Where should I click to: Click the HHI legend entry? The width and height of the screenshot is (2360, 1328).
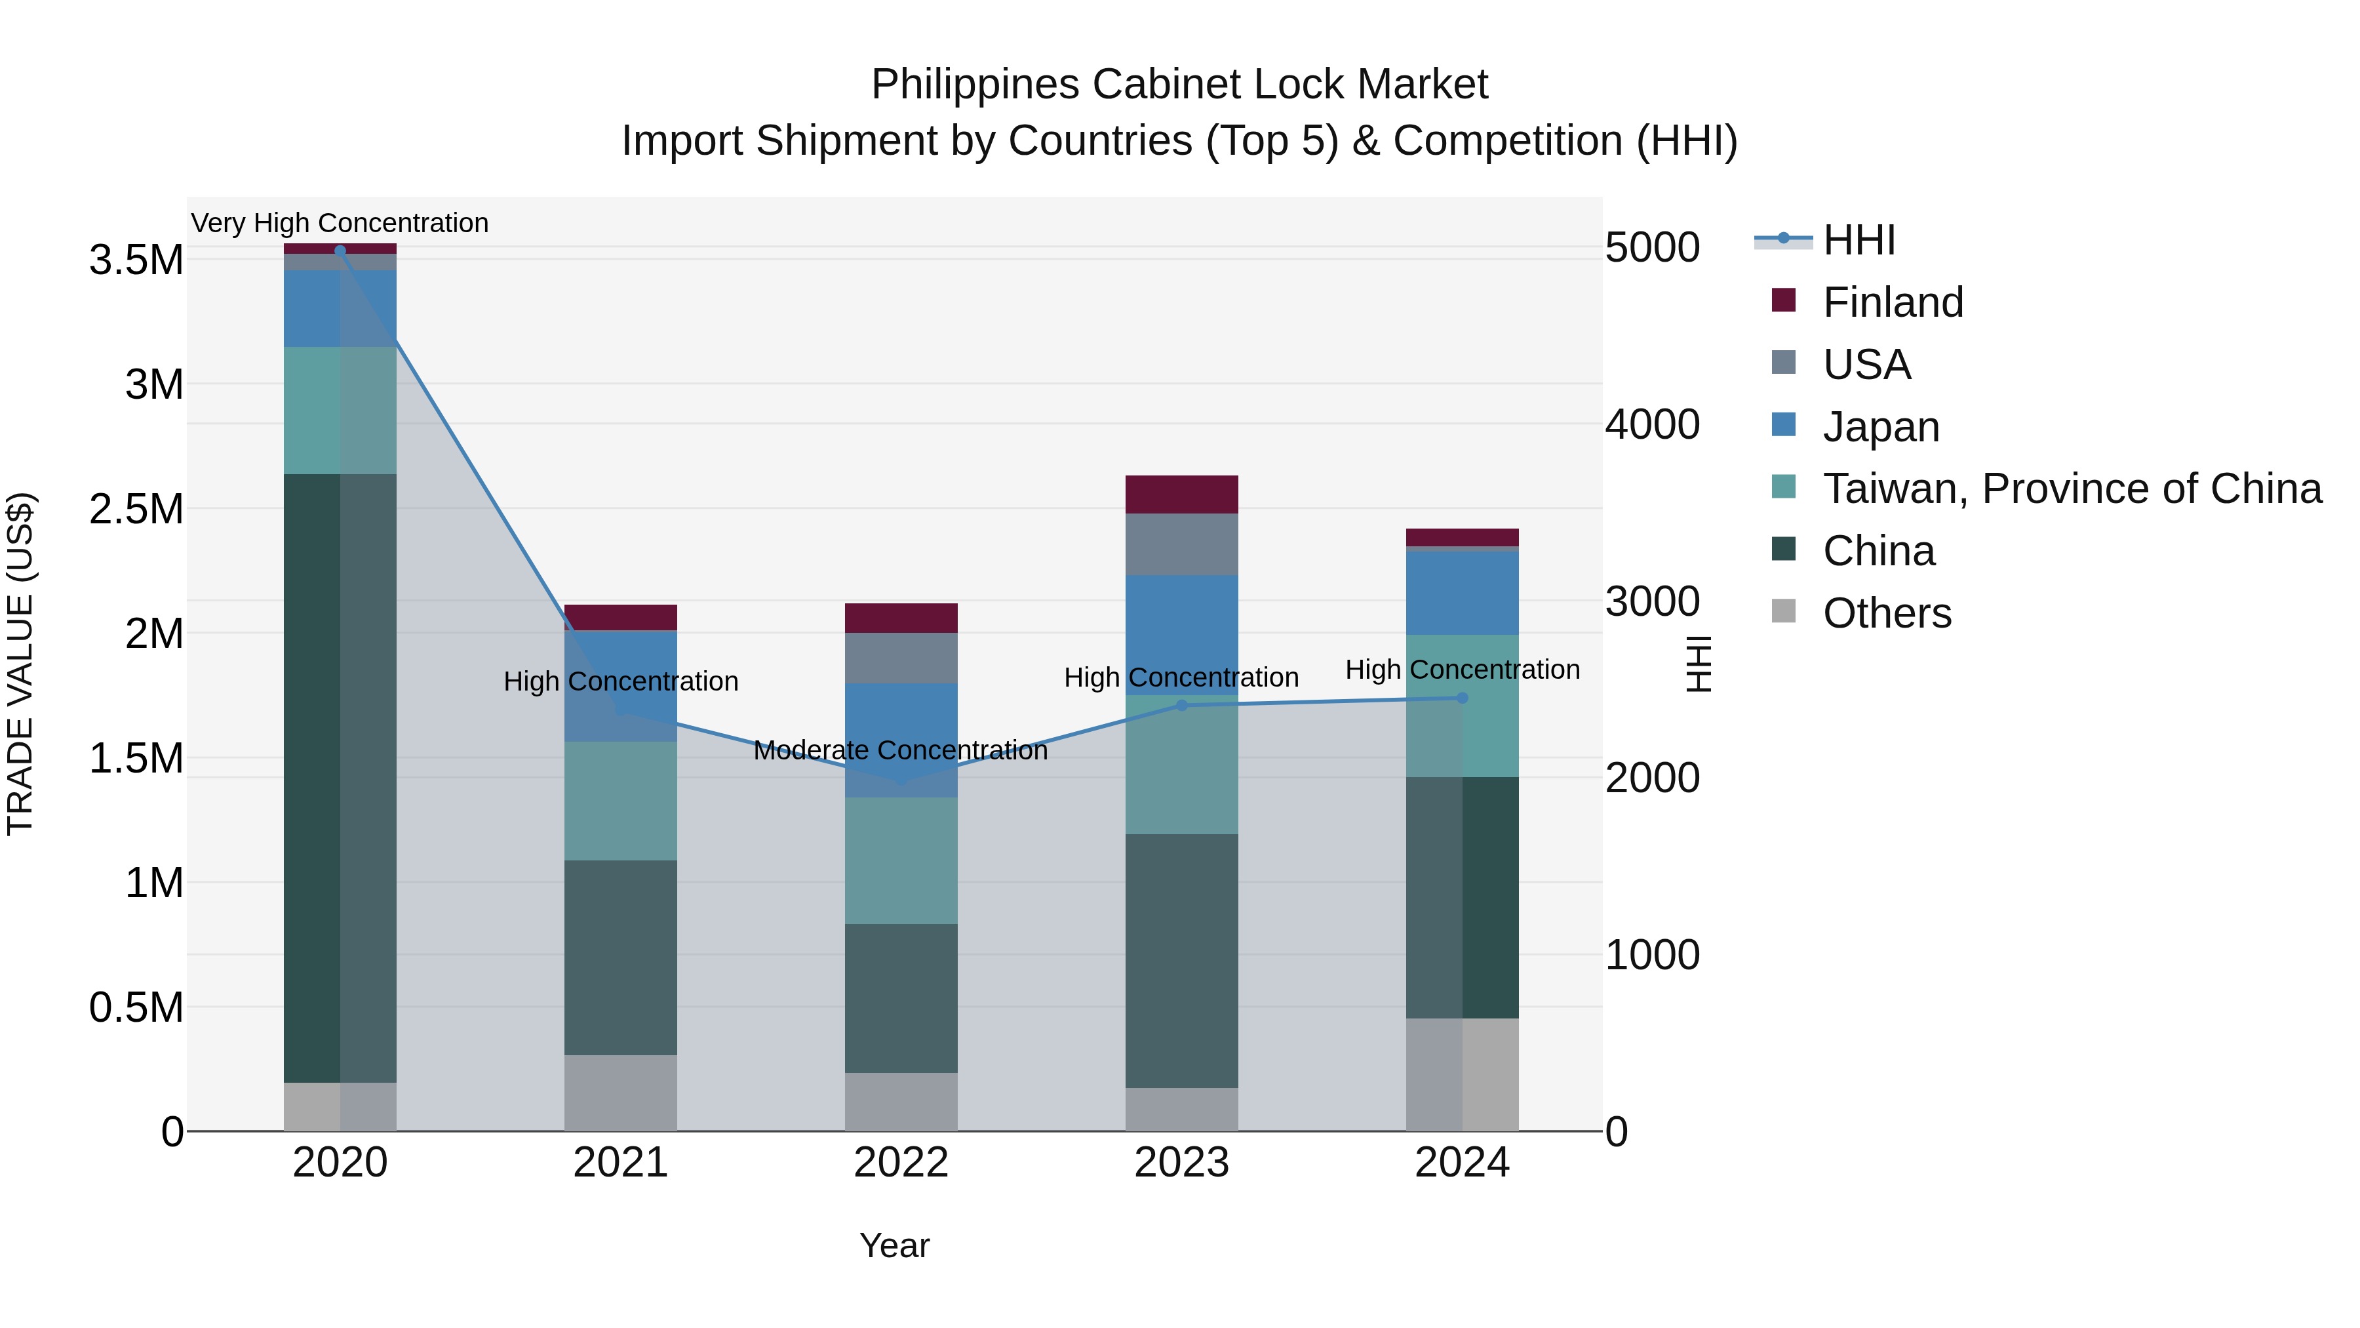(1858, 240)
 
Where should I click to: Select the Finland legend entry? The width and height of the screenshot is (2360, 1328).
(1892, 302)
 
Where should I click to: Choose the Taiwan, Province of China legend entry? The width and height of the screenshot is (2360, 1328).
(2070, 489)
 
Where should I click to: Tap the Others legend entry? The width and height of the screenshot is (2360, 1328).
(1886, 613)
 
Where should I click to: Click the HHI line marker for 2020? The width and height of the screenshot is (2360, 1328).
(340, 251)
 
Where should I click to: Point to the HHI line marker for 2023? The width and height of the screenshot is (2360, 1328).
(1181, 706)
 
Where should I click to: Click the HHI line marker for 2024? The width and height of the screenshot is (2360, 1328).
(1462, 698)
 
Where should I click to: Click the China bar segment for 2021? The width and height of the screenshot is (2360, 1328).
(620, 957)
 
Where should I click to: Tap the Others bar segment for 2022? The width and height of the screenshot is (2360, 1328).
(901, 1102)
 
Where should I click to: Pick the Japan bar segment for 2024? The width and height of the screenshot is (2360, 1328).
(1462, 592)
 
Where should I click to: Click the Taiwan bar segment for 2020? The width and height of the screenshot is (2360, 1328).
(340, 411)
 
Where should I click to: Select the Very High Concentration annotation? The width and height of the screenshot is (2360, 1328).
(340, 224)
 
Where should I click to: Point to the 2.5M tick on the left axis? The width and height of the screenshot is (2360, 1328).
(136, 510)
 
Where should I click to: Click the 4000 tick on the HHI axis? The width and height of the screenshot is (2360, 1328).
(1652, 424)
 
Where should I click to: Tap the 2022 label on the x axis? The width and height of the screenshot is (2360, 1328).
(901, 1163)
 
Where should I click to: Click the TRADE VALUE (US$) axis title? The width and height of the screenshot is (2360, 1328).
(20, 664)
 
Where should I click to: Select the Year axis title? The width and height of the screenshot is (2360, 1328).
(894, 1245)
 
